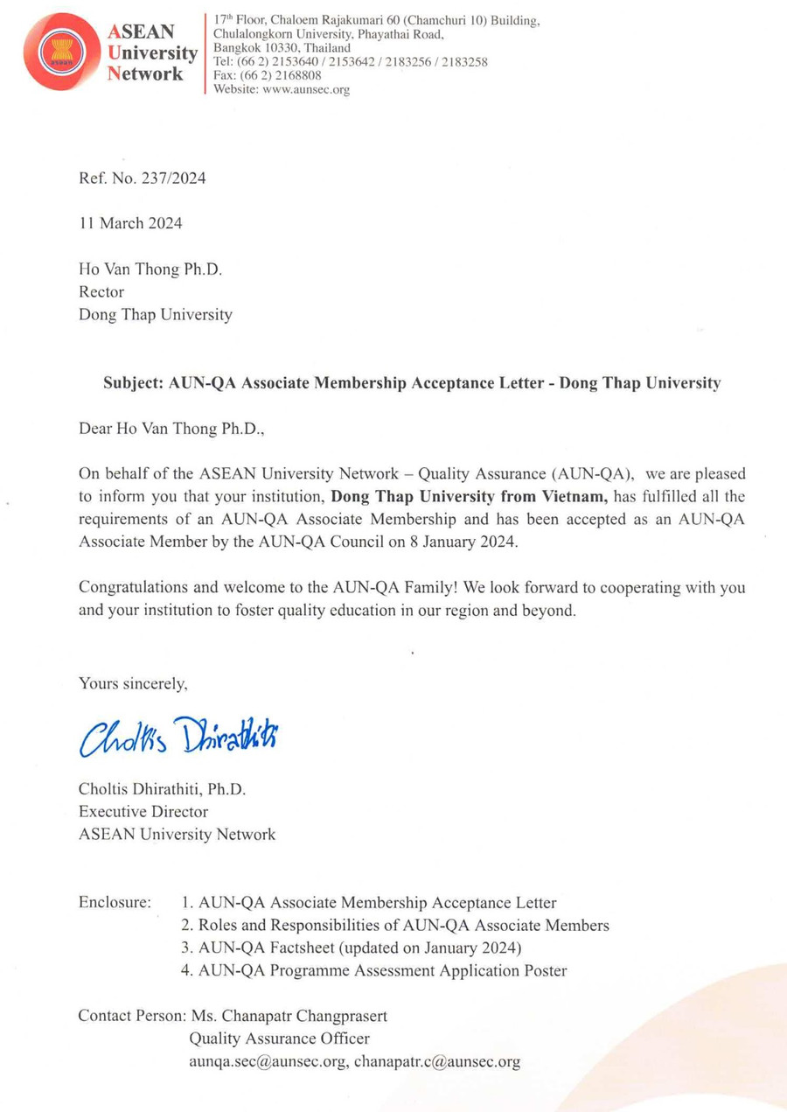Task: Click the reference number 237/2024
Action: [x=167, y=178]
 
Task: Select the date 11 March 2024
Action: [x=130, y=223]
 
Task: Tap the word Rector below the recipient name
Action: [x=101, y=291]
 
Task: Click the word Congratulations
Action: [x=136, y=588]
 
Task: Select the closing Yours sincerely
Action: [x=133, y=683]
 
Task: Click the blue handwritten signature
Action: [x=184, y=735]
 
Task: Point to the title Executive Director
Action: [x=143, y=811]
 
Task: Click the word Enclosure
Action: [x=115, y=902]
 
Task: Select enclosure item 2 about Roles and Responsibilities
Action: [x=395, y=925]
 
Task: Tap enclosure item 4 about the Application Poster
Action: [x=373, y=970]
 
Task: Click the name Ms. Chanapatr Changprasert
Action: [x=289, y=1017]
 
